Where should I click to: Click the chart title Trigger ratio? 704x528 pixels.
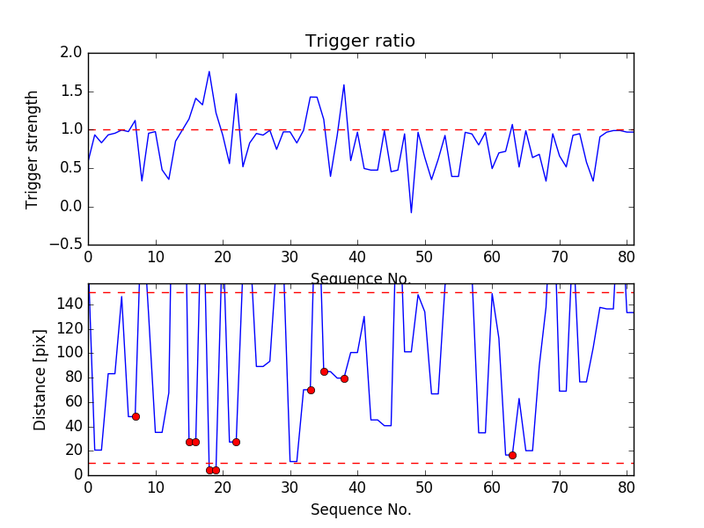(360, 41)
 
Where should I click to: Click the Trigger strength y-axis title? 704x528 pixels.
(33, 149)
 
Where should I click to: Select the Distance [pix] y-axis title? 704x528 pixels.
(40, 378)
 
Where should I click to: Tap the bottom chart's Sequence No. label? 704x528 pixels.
(360, 510)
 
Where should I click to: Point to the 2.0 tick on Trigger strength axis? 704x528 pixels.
(72, 53)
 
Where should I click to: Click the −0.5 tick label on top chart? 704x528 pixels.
(67, 245)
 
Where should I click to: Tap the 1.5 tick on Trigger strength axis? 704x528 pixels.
(72, 92)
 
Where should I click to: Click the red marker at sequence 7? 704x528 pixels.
(136, 416)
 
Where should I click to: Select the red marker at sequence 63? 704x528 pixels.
(512, 455)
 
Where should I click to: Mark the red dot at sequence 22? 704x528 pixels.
(236, 442)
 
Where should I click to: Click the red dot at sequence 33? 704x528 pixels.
(311, 390)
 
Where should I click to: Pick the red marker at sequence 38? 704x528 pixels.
(344, 378)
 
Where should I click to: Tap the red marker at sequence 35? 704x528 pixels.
(324, 371)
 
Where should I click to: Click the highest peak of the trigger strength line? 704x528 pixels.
(209, 71)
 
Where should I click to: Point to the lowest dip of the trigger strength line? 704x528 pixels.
(411, 212)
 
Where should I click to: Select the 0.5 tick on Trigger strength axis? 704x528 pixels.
(72, 168)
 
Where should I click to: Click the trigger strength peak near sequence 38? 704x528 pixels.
(344, 84)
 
